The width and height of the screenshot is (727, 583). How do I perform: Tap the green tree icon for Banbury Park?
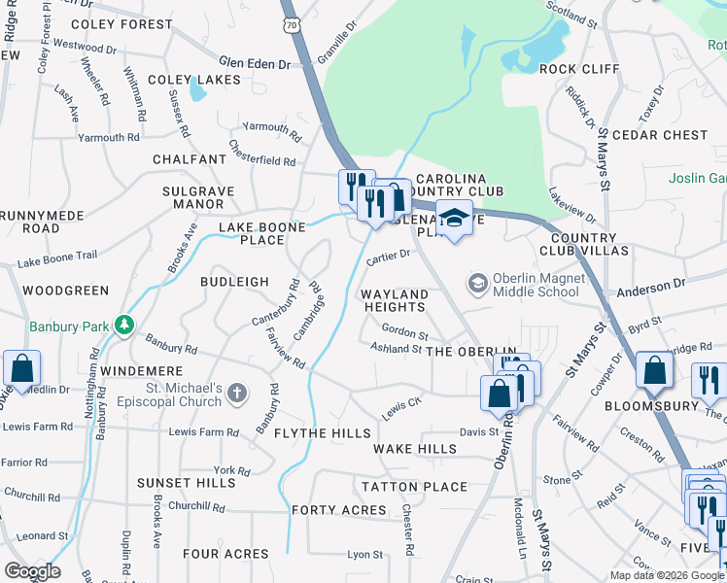(x=123, y=325)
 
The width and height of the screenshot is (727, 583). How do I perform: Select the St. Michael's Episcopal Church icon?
(x=239, y=394)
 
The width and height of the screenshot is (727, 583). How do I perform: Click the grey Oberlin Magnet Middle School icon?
(x=477, y=284)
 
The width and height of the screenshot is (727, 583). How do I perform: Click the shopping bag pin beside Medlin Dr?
(x=20, y=369)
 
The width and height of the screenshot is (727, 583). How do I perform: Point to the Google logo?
(x=32, y=571)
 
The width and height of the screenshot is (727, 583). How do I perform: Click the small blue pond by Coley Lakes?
(x=197, y=89)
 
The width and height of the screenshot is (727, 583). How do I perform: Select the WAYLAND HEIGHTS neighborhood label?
(x=395, y=300)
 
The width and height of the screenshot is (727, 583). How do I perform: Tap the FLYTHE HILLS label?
(x=322, y=432)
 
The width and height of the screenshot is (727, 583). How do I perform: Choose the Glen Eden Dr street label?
(x=255, y=63)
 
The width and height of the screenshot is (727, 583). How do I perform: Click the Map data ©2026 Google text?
(x=666, y=575)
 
